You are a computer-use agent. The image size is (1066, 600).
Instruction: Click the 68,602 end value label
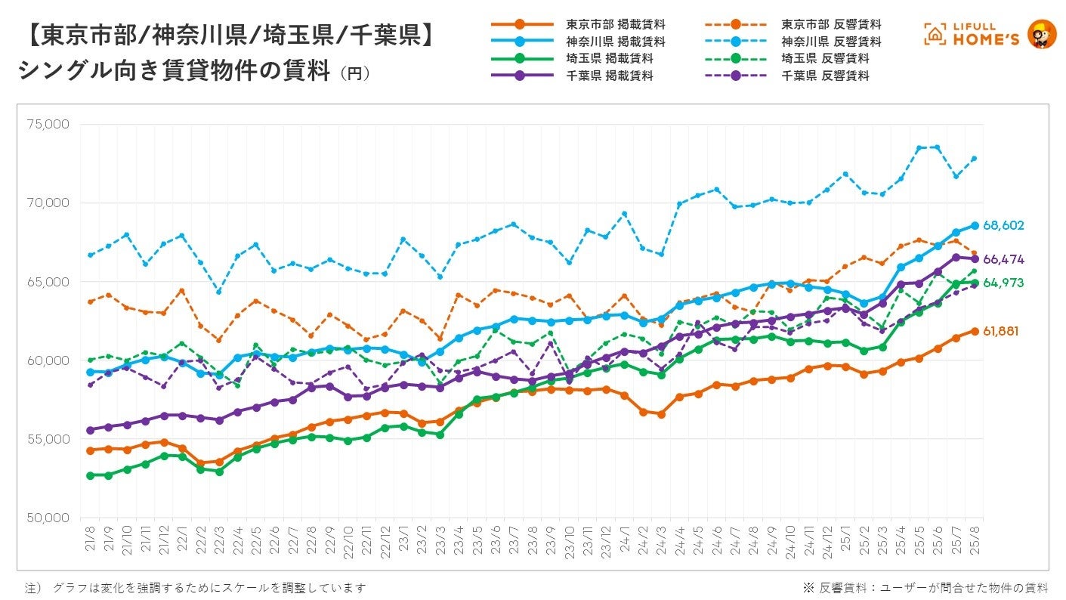point(1003,226)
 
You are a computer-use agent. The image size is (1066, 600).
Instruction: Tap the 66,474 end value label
point(1003,259)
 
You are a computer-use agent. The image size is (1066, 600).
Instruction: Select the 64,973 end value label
point(1003,283)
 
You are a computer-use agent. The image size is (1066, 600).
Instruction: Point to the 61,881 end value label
point(1003,331)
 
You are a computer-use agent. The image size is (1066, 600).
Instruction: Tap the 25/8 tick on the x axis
point(975,541)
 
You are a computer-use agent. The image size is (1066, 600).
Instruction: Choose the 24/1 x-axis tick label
point(625,541)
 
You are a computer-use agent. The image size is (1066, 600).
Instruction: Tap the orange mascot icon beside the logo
point(1043,34)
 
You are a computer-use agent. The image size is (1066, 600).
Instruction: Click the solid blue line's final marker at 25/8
point(975,226)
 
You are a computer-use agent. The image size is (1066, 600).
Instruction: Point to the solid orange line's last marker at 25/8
point(975,331)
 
